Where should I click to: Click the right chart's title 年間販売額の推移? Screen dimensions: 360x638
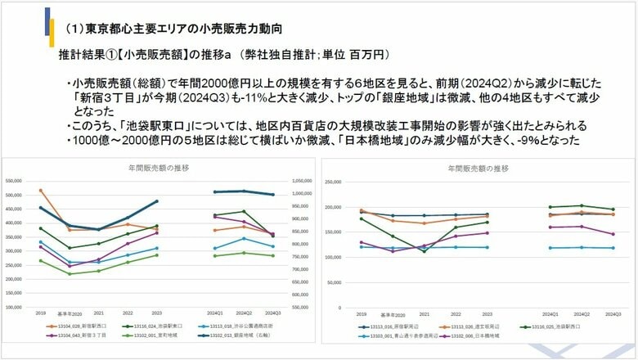coord(478,168)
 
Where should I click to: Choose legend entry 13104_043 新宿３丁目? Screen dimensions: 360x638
coord(66,335)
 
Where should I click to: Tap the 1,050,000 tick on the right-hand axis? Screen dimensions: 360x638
coord(302,181)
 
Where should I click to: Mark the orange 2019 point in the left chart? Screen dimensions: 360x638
coord(40,191)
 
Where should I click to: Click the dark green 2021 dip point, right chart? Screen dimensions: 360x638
coord(424,251)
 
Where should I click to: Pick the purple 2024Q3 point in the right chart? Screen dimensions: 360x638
coord(613,234)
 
